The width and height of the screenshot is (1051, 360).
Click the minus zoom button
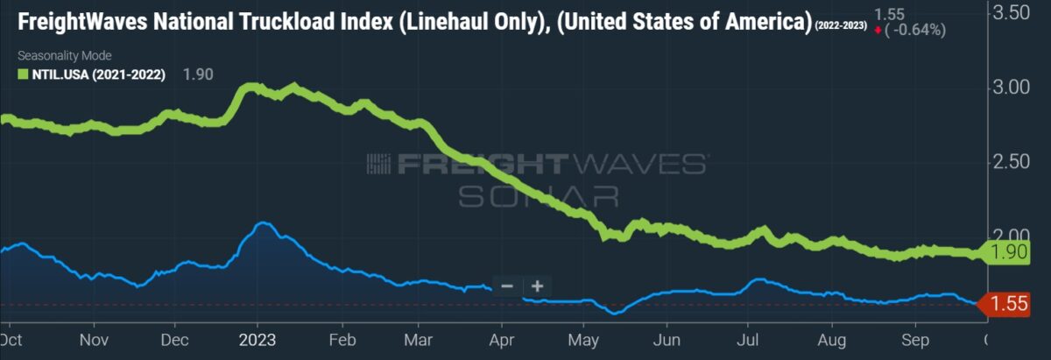(506, 286)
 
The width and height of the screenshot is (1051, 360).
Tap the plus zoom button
(537, 286)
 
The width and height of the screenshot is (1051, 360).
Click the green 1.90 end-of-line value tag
(1008, 253)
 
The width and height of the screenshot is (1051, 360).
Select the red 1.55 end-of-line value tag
(1008, 305)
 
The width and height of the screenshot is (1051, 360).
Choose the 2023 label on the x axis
(257, 340)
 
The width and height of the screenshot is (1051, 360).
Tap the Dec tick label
(175, 340)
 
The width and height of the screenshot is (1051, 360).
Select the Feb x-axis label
(342, 340)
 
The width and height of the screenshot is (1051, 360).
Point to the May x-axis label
(582, 340)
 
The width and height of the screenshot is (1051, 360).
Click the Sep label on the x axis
(914, 340)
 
